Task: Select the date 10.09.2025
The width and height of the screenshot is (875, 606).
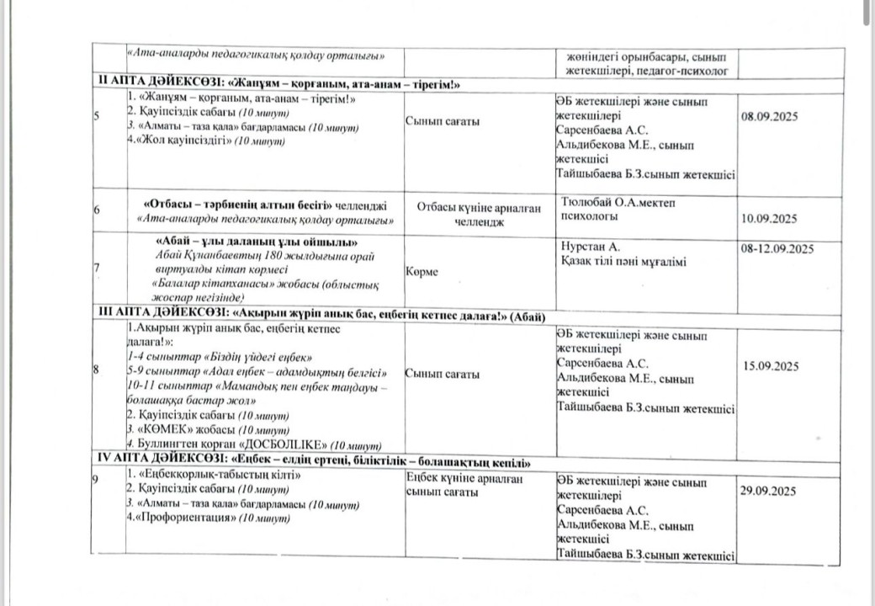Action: (768, 219)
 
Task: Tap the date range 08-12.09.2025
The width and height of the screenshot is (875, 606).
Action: (777, 247)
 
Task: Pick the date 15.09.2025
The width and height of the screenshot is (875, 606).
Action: (771, 366)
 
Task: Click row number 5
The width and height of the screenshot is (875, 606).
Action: (98, 115)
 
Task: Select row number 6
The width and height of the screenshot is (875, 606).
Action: (98, 210)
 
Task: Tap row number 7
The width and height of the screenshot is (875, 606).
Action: (98, 267)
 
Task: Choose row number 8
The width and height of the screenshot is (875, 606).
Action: (98, 368)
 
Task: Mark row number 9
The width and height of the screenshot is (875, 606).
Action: (98, 477)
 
